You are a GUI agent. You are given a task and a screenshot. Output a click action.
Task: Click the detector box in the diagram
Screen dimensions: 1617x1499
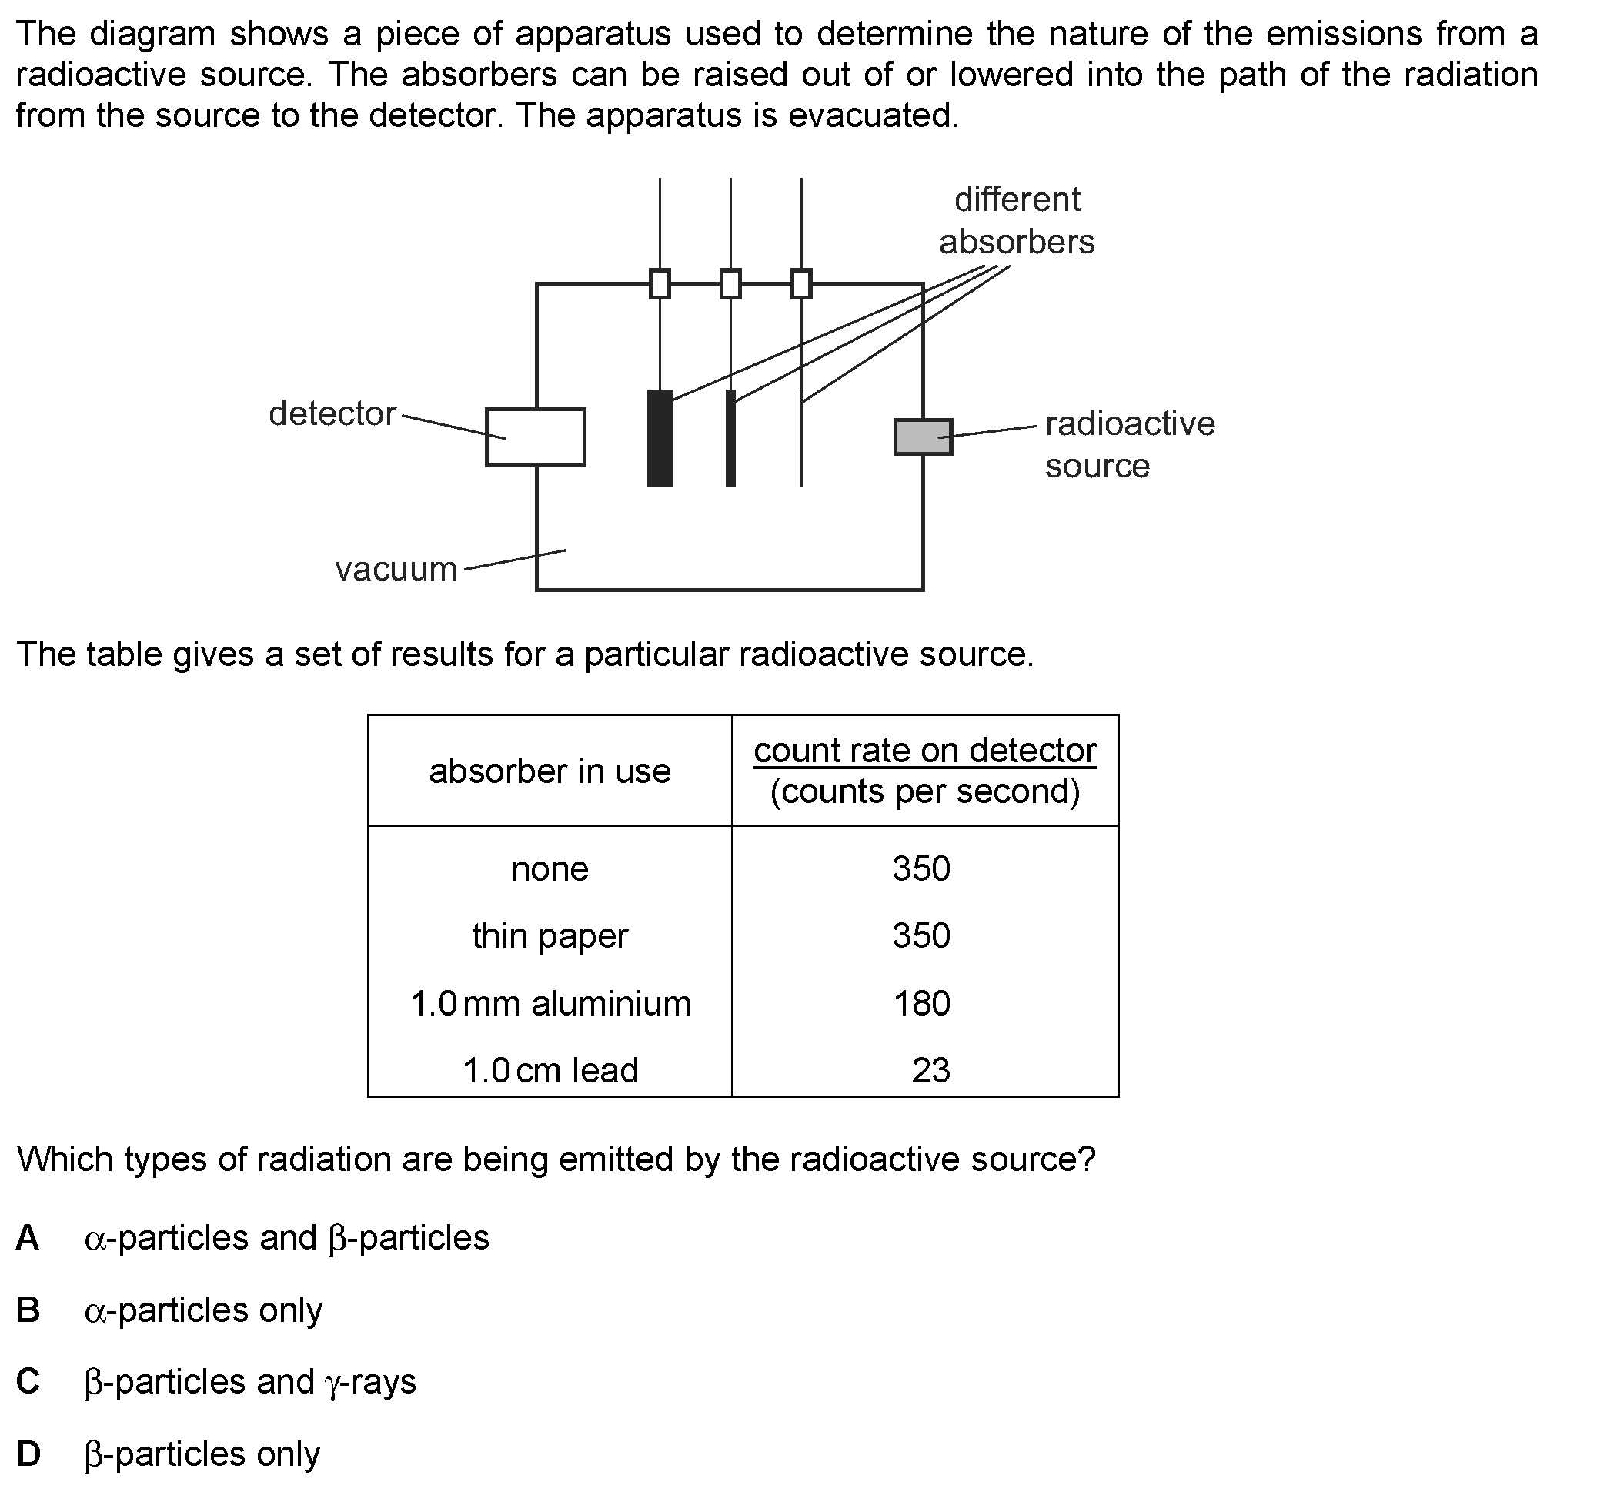tap(535, 437)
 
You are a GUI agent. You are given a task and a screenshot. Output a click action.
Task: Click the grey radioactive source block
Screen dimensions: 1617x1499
tap(923, 437)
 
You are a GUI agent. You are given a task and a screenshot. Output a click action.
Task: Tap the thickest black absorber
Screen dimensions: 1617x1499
tap(660, 438)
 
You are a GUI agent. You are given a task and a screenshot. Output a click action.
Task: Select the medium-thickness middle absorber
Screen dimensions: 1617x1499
tap(730, 438)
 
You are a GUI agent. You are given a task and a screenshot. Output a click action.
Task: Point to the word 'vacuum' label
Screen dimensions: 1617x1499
tap(396, 569)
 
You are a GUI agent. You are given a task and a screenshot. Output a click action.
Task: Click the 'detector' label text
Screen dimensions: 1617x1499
tap(332, 413)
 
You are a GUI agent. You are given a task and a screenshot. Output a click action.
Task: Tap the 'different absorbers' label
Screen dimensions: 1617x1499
tap(1017, 221)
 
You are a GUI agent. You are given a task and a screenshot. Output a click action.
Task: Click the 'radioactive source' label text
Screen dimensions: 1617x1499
tap(1130, 444)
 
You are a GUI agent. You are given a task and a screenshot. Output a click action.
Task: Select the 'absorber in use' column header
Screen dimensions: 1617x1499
tap(550, 771)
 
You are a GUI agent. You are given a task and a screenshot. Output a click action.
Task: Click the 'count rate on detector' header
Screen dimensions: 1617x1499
tap(925, 751)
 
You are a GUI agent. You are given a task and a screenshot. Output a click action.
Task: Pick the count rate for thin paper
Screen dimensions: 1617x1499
tap(921, 936)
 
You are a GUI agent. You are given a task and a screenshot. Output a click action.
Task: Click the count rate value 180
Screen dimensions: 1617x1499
tap(922, 1004)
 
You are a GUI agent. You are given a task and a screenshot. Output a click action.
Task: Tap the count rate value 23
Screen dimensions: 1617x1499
tap(931, 1071)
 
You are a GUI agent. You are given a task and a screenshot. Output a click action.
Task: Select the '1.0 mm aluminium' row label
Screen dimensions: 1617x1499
tap(550, 1004)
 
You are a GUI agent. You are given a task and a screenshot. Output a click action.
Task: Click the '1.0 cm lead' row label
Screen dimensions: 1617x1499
tap(550, 1071)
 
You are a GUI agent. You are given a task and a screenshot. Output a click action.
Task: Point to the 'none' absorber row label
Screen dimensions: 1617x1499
tap(550, 869)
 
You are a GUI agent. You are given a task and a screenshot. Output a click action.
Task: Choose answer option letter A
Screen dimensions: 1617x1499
tap(28, 1238)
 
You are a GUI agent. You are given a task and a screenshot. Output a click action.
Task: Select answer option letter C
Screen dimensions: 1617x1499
tap(28, 1381)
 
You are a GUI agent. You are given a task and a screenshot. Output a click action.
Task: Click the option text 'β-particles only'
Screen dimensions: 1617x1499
tap(202, 1454)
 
